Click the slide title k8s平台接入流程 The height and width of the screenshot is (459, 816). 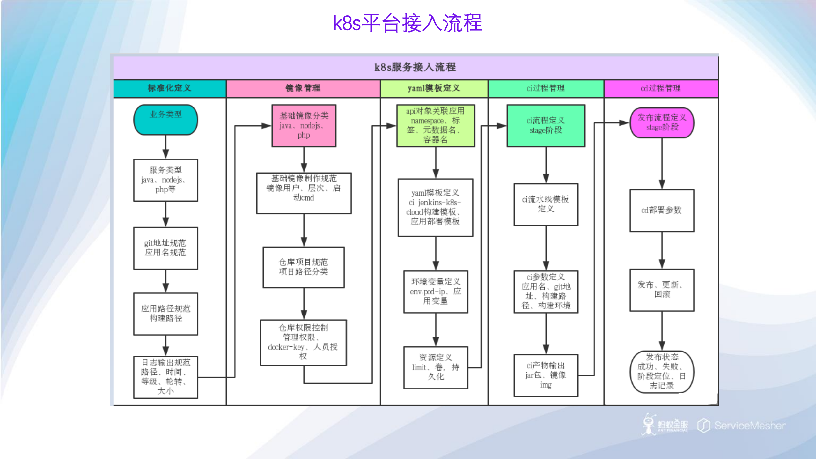[408, 23]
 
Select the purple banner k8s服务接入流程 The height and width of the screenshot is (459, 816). [415, 67]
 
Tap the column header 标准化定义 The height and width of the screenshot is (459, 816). [169, 88]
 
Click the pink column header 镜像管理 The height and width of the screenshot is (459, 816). [303, 88]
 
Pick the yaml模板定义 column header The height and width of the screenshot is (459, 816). [434, 88]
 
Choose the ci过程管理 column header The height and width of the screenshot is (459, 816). [546, 88]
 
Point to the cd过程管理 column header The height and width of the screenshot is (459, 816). [661, 88]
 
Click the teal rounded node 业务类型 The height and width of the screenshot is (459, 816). [165, 120]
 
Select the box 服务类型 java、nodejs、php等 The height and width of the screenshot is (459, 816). [165, 180]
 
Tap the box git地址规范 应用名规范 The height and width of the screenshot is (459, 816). [165, 248]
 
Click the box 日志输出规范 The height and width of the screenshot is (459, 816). [165, 377]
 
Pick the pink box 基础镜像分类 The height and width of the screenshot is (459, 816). [304, 126]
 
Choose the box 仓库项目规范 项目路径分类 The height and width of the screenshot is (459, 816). [304, 267]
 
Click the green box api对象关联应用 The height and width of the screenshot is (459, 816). [435, 126]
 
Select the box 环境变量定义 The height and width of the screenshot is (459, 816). [435, 292]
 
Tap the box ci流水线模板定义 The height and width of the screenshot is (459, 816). [546, 204]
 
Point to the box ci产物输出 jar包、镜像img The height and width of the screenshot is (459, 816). [546, 375]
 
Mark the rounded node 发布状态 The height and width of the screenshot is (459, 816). [662, 372]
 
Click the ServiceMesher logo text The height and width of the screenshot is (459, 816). [749, 426]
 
